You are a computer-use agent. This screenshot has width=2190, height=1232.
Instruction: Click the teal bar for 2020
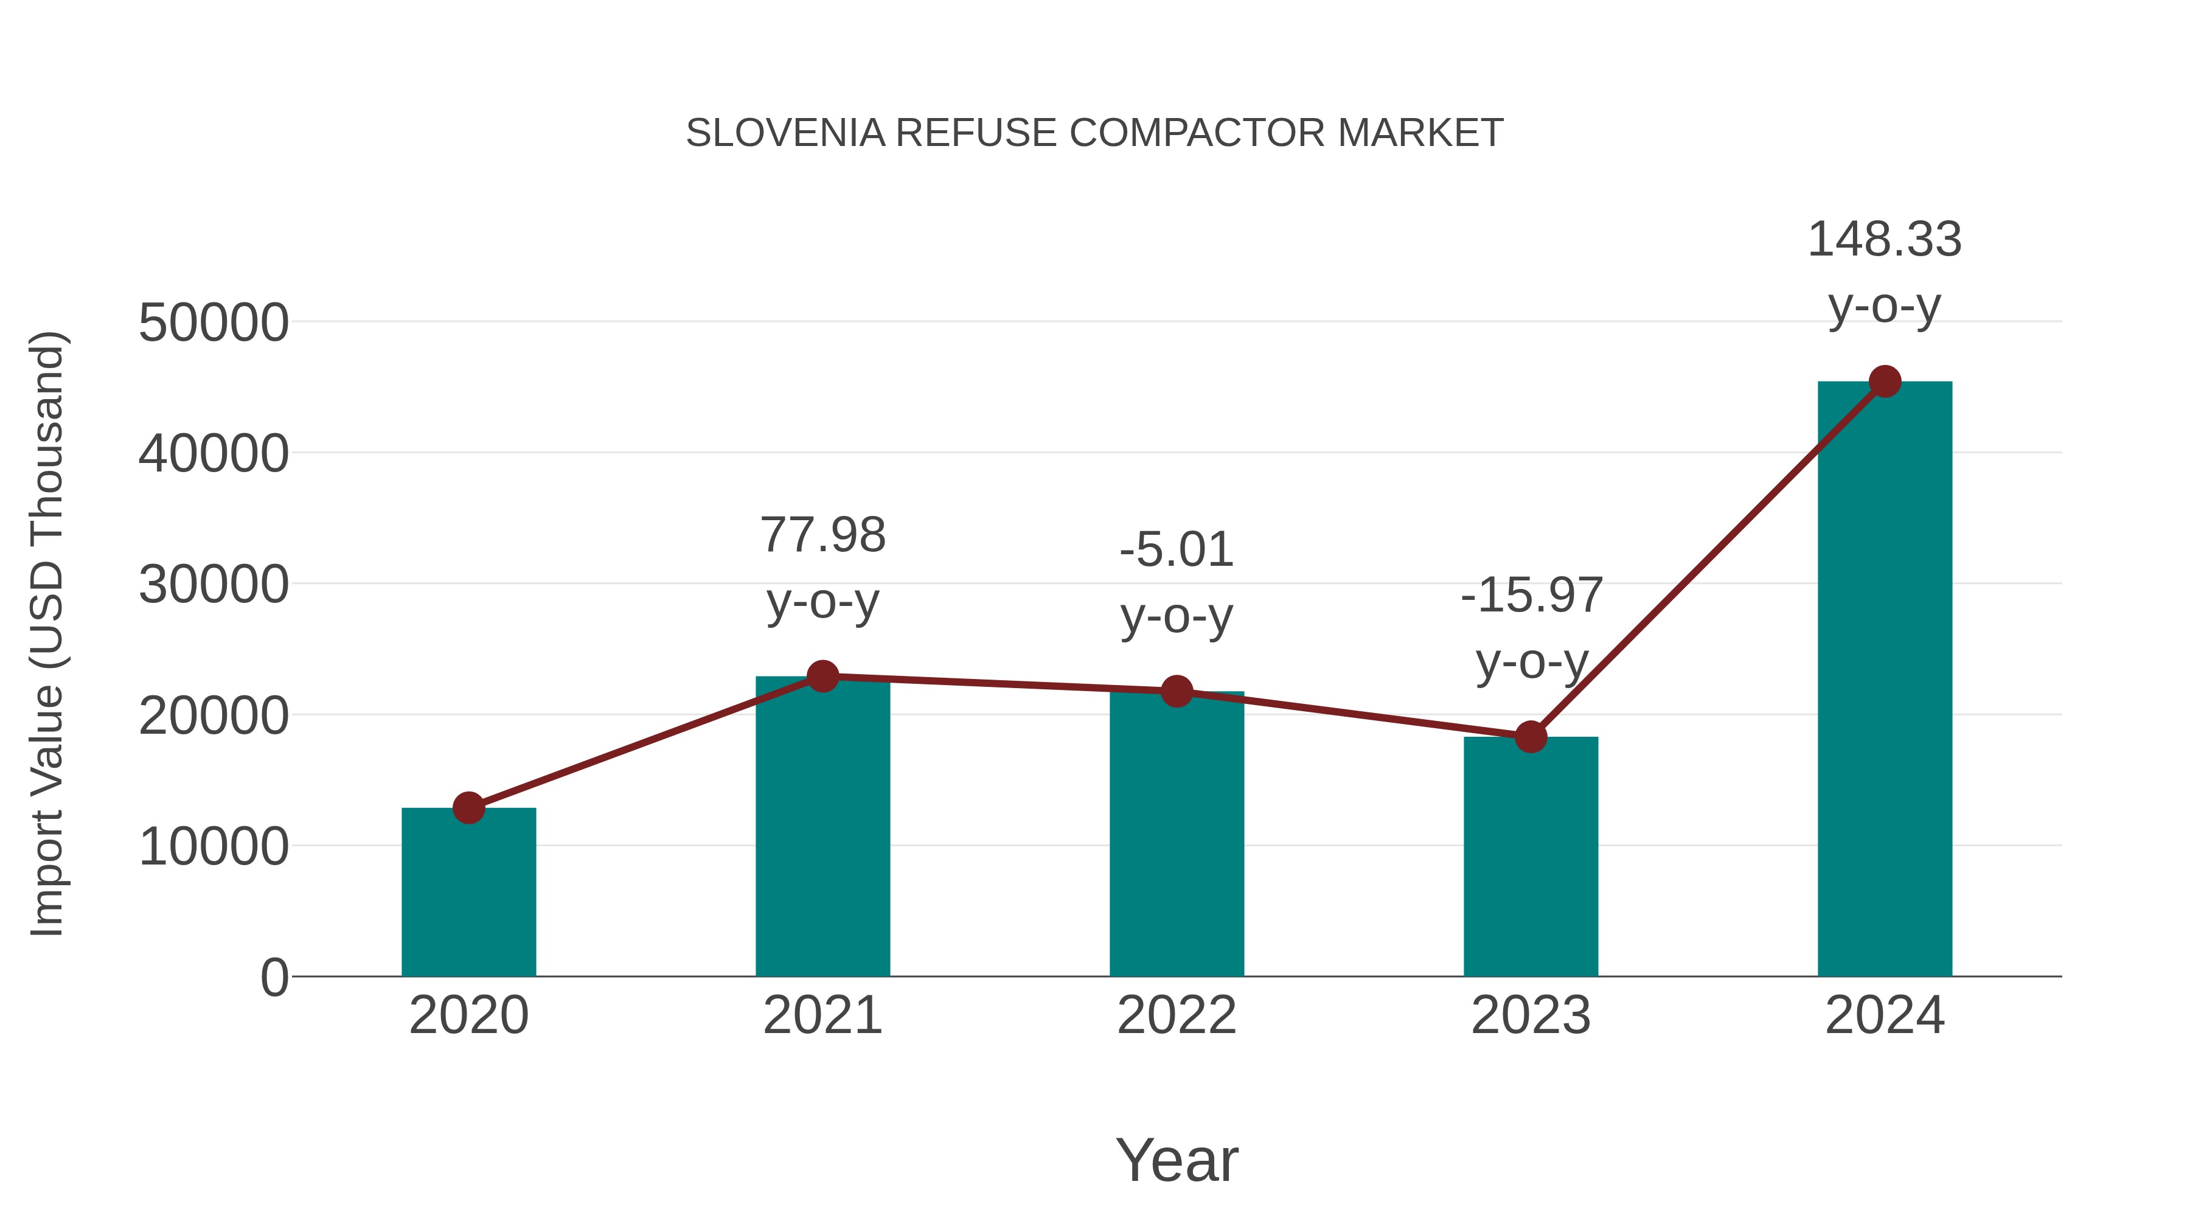468,893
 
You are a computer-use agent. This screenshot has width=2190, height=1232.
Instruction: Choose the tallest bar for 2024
1885,680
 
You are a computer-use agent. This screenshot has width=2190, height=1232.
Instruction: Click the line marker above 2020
468,808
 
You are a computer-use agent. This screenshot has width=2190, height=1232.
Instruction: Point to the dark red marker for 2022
1177,691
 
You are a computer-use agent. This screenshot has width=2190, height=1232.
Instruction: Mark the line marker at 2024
1885,381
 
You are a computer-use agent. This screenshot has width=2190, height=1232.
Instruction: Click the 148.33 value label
1884,240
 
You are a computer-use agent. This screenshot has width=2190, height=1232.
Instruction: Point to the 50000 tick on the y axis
214,323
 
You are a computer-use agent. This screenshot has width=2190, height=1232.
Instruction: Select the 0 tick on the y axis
274,978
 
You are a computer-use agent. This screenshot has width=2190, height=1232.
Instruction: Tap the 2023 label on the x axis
1531,1015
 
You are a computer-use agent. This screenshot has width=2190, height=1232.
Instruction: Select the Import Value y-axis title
47,633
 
